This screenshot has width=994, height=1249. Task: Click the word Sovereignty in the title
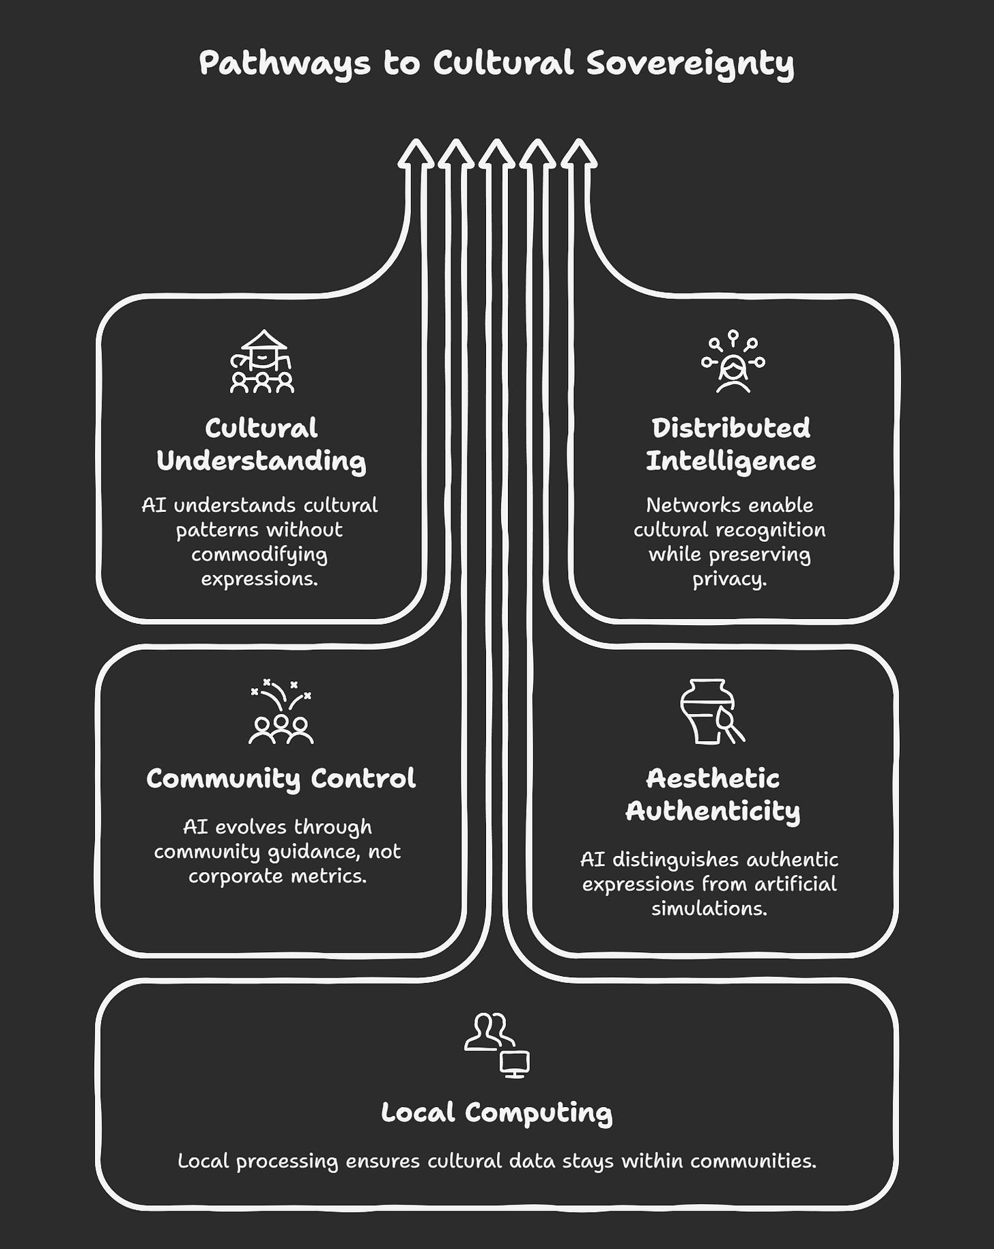[x=690, y=63]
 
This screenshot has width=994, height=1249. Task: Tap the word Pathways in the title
[x=285, y=63]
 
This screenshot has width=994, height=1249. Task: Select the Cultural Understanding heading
[x=261, y=444]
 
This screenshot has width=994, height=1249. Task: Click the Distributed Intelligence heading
[x=730, y=444]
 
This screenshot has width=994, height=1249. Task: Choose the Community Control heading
[x=281, y=779]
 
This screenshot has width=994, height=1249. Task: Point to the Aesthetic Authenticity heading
[x=713, y=794]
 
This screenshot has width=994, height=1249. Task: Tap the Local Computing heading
[x=496, y=1112]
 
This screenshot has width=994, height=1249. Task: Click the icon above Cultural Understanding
[x=262, y=362]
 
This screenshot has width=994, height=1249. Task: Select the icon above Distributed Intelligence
[x=733, y=362]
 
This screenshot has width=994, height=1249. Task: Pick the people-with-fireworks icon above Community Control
[x=281, y=711]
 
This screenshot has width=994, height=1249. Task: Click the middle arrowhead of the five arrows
[x=497, y=153]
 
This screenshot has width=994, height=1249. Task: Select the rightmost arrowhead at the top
[x=579, y=153]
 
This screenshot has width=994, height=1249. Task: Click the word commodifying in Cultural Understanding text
[x=259, y=554]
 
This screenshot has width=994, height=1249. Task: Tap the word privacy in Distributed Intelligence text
[x=728, y=579]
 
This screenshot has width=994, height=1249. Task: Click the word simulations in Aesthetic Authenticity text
[x=709, y=908]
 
